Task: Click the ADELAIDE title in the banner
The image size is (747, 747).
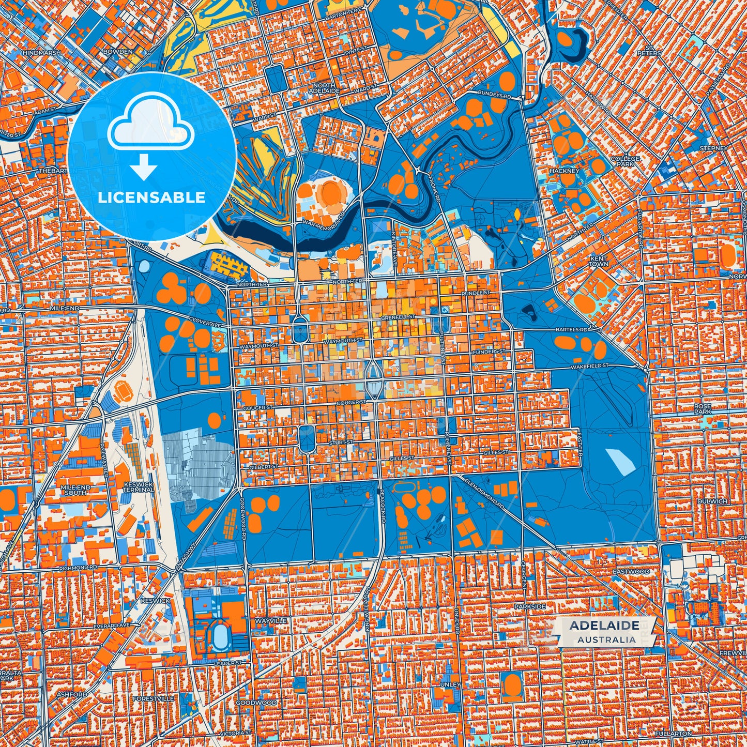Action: [x=604, y=626]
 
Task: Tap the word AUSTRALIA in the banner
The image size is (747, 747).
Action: [x=607, y=639]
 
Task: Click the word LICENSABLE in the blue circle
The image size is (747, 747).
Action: [x=152, y=197]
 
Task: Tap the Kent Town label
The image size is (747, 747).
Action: [x=599, y=261]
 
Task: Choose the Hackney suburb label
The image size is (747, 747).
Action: [x=565, y=171]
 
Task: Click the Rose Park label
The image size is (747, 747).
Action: [x=703, y=409]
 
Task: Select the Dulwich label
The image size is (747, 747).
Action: [x=712, y=501]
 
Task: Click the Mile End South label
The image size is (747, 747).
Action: [x=75, y=490]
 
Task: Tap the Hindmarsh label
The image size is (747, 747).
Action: [x=41, y=53]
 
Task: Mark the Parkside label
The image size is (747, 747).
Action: [x=530, y=606]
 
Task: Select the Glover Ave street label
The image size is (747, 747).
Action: [x=204, y=323]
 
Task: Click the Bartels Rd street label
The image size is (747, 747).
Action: [x=572, y=329]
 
